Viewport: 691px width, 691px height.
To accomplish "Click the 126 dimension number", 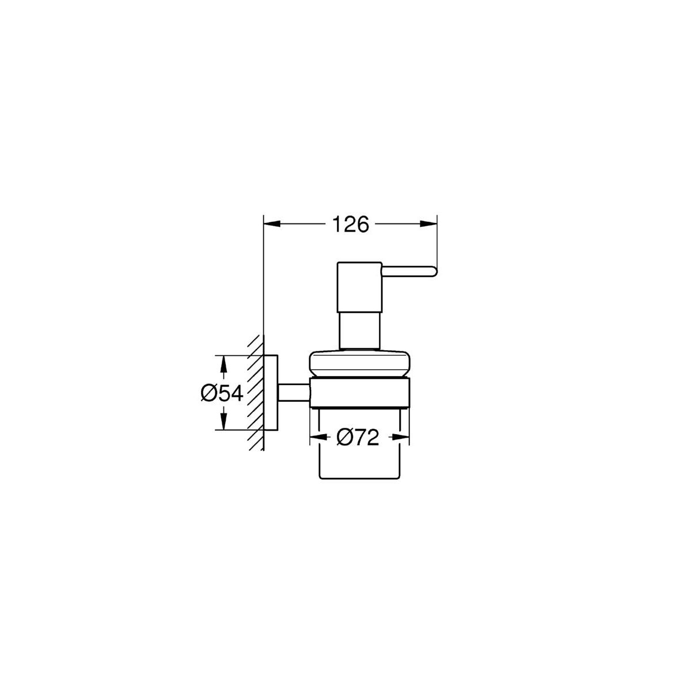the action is (x=350, y=224).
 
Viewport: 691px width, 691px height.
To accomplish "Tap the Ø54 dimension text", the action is (x=222, y=393).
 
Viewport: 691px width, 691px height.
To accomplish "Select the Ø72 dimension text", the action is (x=358, y=438).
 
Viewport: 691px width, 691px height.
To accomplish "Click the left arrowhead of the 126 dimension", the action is (x=272, y=224).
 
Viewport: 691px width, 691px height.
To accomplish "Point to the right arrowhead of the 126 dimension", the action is (x=429, y=224).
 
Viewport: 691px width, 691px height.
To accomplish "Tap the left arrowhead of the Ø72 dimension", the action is (x=318, y=437).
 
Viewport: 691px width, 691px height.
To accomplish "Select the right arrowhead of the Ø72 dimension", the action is (x=401, y=437).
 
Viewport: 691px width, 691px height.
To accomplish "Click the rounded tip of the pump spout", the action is (x=435, y=271).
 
